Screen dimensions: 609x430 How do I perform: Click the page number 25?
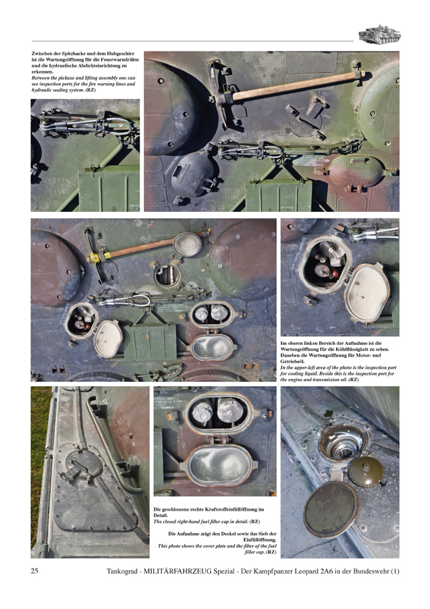[35, 572]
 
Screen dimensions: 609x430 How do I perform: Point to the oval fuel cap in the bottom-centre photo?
[215, 464]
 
